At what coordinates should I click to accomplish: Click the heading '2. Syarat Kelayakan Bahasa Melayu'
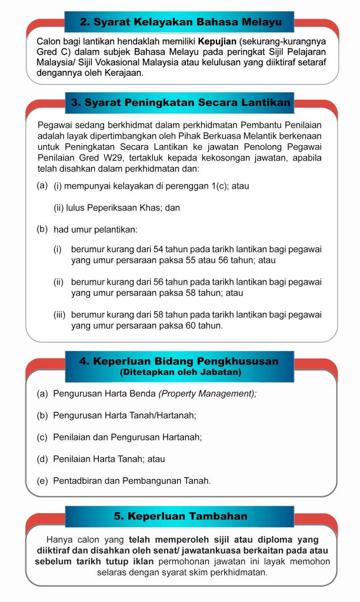pyautogui.click(x=181, y=22)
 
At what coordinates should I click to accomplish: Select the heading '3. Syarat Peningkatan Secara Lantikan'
pyautogui.click(x=181, y=102)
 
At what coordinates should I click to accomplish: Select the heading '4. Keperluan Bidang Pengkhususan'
pyautogui.click(x=179, y=360)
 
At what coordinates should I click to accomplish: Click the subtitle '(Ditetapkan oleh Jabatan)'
pyautogui.click(x=179, y=372)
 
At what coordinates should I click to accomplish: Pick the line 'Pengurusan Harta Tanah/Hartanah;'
pyautogui.click(x=125, y=415)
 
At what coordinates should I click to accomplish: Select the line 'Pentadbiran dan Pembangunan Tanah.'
pyautogui.click(x=132, y=480)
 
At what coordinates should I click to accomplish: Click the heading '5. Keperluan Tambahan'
pyautogui.click(x=181, y=516)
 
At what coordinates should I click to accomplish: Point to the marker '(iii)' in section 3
pyautogui.click(x=60, y=315)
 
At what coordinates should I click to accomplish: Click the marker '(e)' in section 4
pyautogui.click(x=42, y=480)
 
